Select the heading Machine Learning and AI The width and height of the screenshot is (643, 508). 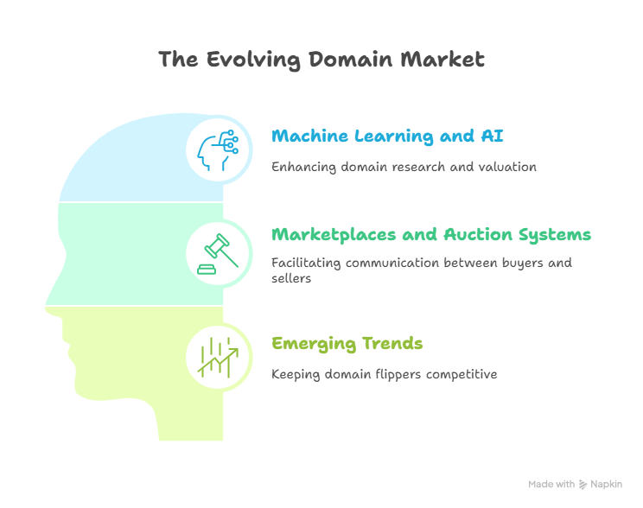[387, 137]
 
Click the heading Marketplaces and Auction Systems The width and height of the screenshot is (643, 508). [430, 235]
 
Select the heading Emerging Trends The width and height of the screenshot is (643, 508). [347, 344]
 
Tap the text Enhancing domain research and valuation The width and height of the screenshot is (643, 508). [404, 167]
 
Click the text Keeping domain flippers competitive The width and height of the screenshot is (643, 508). [384, 374]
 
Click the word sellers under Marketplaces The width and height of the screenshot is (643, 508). [290, 279]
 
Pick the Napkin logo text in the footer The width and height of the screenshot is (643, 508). [605, 485]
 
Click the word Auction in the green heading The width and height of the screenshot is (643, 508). [478, 235]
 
